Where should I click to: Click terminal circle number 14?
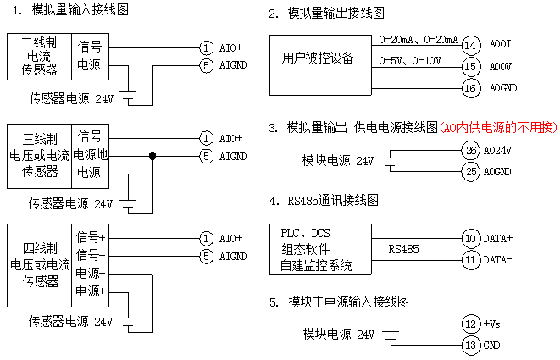(x=472, y=44)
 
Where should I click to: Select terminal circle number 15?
(x=472, y=66)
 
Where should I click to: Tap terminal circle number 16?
(x=472, y=88)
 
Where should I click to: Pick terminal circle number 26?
(x=472, y=150)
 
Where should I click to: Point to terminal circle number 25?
(x=472, y=171)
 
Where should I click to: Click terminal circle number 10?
(x=472, y=239)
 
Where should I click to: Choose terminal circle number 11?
(x=472, y=260)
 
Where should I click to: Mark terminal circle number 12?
(x=472, y=324)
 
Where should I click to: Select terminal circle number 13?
(x=472, y=345)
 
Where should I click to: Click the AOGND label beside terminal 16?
(x=503, y=88)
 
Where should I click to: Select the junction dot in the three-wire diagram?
(x=152, y=156)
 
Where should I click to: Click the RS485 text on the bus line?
(x=404, y=250)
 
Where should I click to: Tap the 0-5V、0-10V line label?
(x=409, y=60)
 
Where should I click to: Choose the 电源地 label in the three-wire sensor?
(x=91, y=156)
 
